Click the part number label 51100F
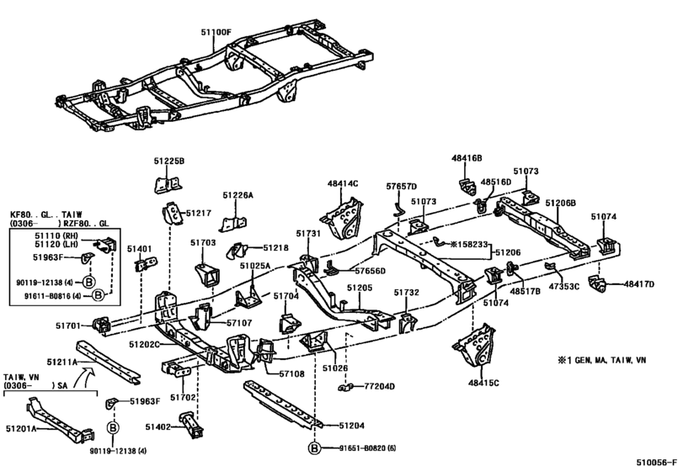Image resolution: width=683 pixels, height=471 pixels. (216, 32)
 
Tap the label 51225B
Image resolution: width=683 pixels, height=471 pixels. (169, 161)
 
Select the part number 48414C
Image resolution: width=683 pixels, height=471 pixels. (343, 183)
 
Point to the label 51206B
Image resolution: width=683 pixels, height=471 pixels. (561, 203)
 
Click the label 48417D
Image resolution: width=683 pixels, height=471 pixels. (639, 284)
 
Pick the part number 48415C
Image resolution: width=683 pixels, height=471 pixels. (483, 383)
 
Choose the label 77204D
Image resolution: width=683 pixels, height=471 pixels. (379, 386)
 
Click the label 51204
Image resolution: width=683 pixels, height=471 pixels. (351, 426)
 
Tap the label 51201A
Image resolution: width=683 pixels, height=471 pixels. (20, 429)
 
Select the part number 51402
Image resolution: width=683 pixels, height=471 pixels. (158, 427)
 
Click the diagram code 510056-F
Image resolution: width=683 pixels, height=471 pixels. (657, 463)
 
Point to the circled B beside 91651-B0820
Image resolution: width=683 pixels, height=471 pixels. (314, 448)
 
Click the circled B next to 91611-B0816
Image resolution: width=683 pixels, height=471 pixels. (99, 295)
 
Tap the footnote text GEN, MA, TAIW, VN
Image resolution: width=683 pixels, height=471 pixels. (611, 360)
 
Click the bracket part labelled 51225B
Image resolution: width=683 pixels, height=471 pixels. (168, 184)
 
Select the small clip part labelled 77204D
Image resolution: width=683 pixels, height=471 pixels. (345, 387)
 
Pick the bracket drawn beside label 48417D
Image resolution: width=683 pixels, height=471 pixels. (597, 284)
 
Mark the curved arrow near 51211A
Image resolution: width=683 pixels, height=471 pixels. (82, 376)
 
